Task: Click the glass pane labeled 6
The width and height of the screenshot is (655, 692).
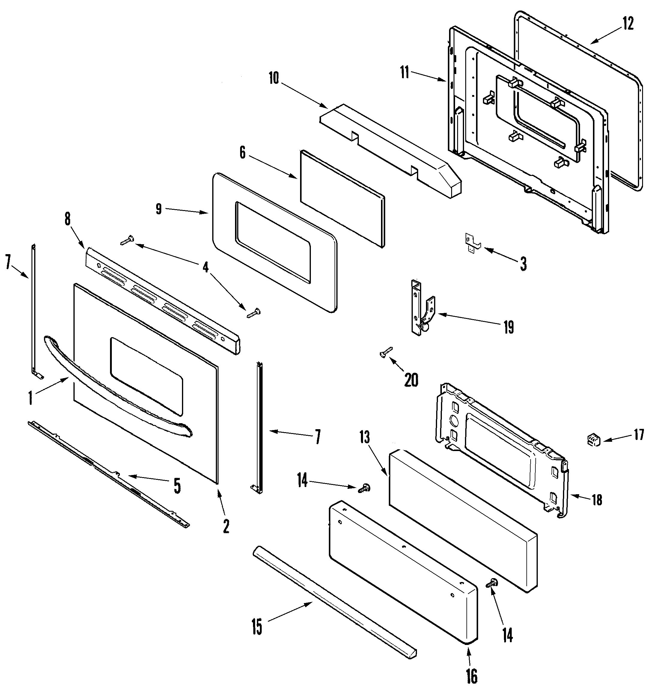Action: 342,199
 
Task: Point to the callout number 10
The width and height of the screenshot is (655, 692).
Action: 274,79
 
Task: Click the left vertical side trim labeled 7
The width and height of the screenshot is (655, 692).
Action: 34,311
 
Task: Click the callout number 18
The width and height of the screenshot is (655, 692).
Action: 597,500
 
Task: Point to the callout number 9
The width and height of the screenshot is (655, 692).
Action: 159,209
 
